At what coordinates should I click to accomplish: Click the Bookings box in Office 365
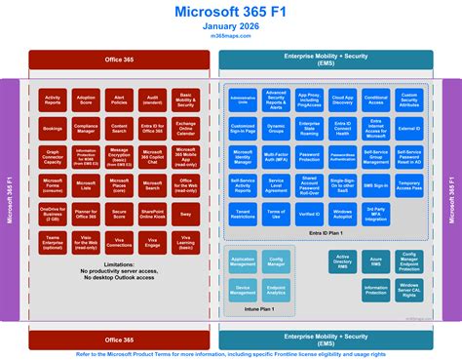pos(53,128)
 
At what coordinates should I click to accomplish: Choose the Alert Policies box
pos(119,100)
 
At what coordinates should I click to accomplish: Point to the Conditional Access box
pos(375,100)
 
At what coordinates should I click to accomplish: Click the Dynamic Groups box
pos(276,128)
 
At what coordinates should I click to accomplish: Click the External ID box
pos(409,128)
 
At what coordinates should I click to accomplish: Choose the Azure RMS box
pos(375,262)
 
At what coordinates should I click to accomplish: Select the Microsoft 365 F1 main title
pos(230,11)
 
